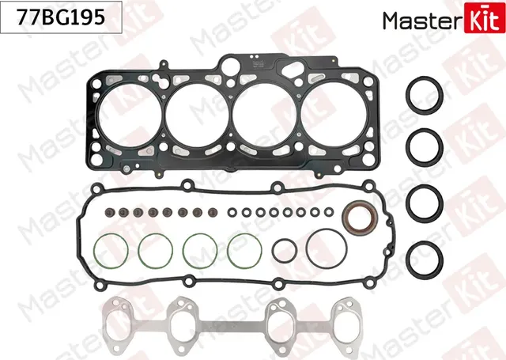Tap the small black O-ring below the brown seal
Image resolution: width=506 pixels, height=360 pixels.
285,252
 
